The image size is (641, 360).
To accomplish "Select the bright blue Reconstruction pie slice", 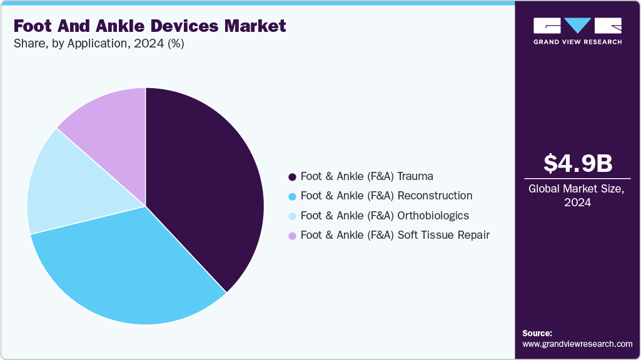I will [x=125, y=269].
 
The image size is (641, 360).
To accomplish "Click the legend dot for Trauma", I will [x=291, y=177].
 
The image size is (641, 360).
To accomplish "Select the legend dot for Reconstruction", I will [x=291, y=196].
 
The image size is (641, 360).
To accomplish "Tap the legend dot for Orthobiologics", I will [x=291, y=216].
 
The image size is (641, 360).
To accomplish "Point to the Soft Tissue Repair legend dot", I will [x=291, y=236].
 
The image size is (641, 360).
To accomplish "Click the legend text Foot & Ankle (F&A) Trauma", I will [x=366, y=176].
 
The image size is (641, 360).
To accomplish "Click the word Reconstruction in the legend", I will [x=435, y=196].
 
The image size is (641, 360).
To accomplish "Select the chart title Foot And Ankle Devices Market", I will [x=149, y=26].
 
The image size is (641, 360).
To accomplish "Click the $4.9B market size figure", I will [x=577, y=163].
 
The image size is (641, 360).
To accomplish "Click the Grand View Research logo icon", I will [x=577, y=26].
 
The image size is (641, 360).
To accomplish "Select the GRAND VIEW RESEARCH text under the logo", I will [x=577, y=42].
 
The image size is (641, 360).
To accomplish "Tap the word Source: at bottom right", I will [x=537, y=333].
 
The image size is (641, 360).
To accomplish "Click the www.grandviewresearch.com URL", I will [x=577, y=344].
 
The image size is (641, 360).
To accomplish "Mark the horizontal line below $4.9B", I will [x=577, y=179].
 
